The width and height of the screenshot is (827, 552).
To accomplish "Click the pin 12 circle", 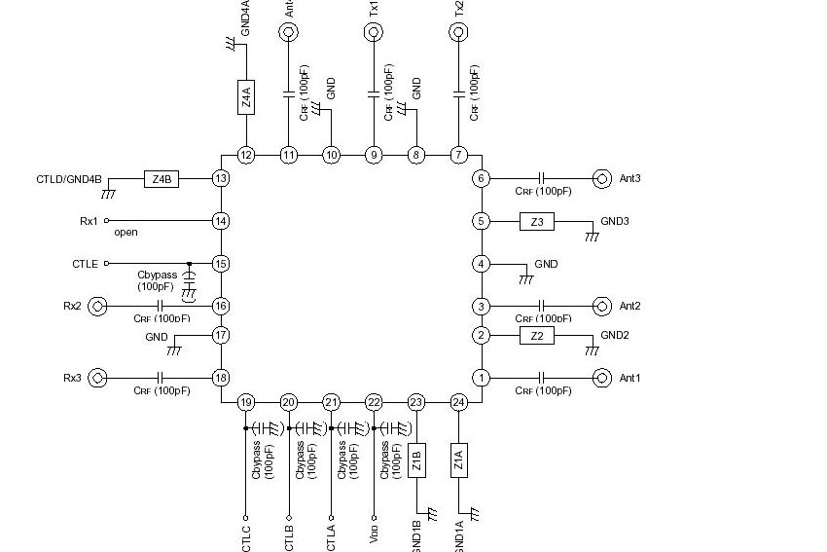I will (x=246, y=155).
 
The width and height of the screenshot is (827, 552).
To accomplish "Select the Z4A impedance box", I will (x=246, y=97).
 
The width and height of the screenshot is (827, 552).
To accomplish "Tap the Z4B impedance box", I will (x=162, y=179).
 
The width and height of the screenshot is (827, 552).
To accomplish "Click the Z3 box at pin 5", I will (x=536, y=222).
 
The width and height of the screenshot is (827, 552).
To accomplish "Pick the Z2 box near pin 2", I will (x=536, y=336).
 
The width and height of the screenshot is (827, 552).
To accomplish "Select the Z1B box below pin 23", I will (x=416, y=460).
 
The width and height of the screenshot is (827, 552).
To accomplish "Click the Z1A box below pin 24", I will (x=459, y=460).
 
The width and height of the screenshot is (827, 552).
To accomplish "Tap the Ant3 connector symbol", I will (x=601, y=179).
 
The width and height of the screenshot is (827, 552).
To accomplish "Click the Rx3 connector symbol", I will (x=97, y=378).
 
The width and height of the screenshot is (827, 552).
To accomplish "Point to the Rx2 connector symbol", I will (x=97, y=307).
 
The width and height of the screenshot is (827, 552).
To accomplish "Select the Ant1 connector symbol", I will (x=601, y=378).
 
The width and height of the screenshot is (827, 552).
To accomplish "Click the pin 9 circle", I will (x=374, y=155).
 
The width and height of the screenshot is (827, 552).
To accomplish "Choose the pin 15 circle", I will (x=221, y=264).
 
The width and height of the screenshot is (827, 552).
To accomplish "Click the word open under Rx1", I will (x=126, y=233).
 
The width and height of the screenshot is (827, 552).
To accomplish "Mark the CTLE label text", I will (x=86, y=264).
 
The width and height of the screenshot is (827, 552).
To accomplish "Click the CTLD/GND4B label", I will (x=69, y=179).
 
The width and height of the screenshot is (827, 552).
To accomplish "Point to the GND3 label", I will (x=615, y=222).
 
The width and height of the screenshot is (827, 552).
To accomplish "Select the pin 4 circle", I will (x=481, y=264).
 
